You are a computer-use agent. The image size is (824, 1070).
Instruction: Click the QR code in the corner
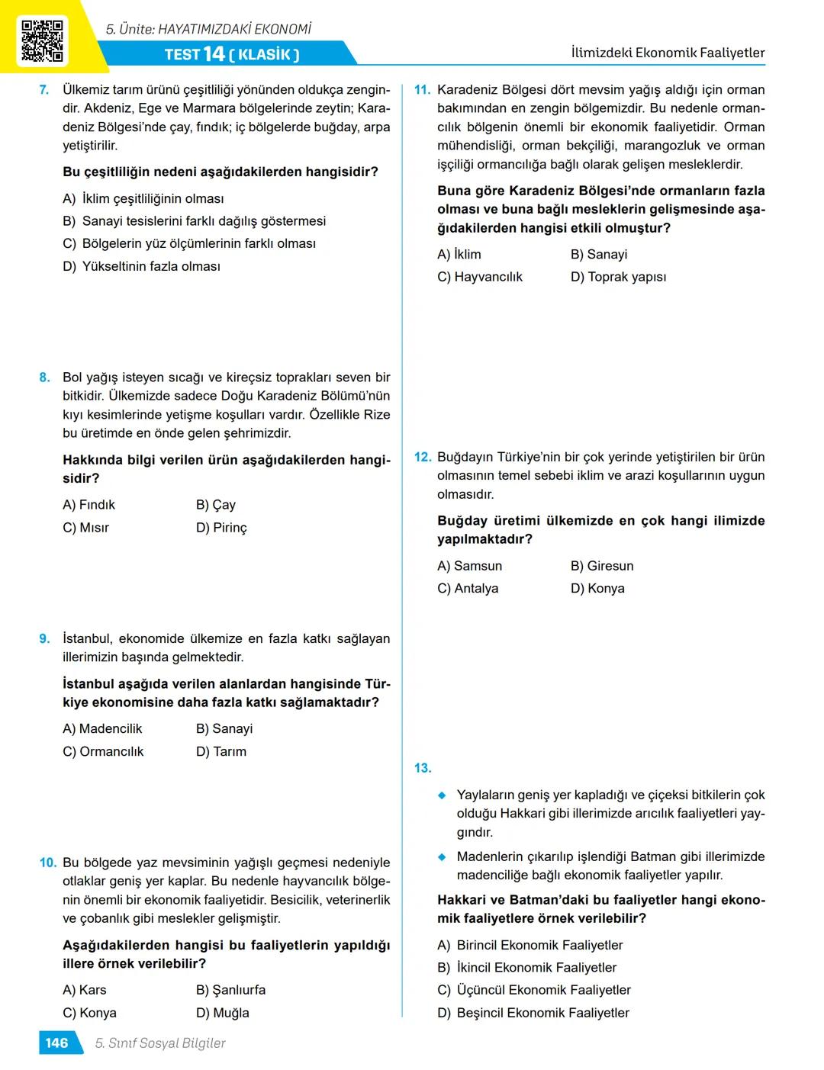[42, 40]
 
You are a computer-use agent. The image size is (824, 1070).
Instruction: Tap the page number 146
[56, 1043]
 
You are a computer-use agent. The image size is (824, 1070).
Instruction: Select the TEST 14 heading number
[214, 54]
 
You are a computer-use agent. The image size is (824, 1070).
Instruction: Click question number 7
[44, 90]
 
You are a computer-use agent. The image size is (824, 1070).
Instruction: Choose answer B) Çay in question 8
[215, 505]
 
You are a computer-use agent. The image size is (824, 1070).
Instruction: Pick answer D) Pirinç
[221, 528]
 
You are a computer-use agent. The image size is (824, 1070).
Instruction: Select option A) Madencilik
[102, 729]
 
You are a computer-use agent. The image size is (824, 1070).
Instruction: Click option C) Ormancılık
[103, 752]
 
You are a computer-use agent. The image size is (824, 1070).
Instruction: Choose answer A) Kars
[85, 990]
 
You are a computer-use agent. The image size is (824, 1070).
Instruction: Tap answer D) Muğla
[222, 1013]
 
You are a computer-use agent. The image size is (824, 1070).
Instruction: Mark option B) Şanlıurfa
[230, 990]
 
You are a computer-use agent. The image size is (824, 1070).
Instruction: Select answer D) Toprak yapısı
[618, 277]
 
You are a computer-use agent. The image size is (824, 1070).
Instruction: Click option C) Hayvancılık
[480, 277]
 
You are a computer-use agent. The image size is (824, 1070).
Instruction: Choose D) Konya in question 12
[597, 589]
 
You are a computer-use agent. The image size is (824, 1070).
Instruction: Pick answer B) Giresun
[602, 566]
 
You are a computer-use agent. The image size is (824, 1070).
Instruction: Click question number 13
[423, 768]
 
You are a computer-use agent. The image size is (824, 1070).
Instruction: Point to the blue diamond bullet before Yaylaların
[442, 795]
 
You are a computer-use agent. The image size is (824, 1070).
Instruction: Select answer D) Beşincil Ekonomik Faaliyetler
[533, 1013]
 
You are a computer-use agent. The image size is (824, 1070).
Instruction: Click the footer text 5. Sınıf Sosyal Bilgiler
[160, 1043]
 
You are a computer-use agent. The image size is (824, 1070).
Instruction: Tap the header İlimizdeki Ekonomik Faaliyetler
[668, 53]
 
